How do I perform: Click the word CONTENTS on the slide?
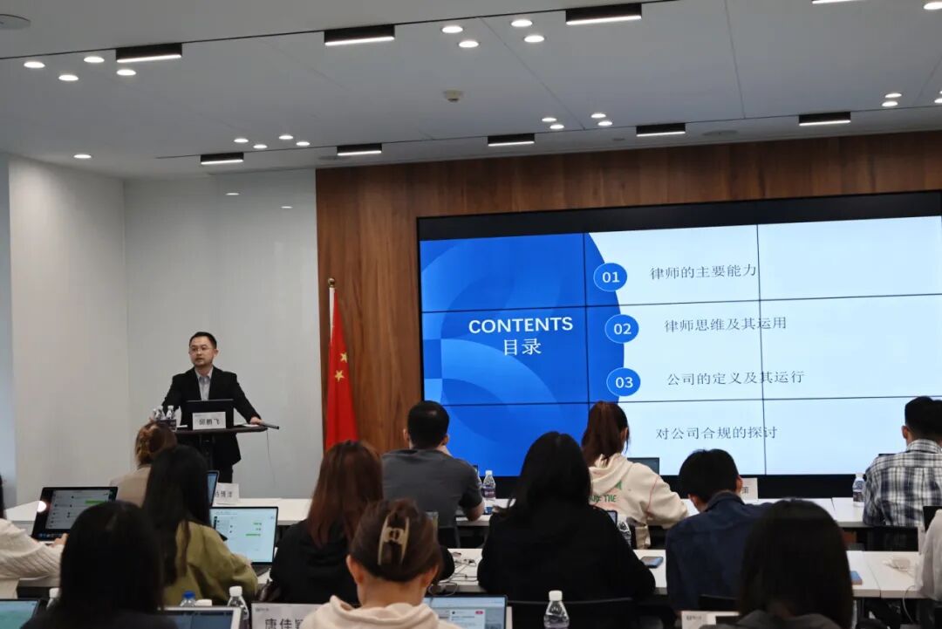point(520,325)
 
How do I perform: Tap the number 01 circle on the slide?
point(611,277)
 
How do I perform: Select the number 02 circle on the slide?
point(622,329)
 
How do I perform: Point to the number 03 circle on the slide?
point(624,381)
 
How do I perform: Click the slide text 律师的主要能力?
point(703,272)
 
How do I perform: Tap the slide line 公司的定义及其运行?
point(735,379)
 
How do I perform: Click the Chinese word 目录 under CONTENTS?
point(522,346)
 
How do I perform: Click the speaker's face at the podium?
point(203,352)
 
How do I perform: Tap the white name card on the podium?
point(208,420)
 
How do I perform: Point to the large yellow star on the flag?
point(341,356)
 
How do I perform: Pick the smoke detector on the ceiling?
point(453,95)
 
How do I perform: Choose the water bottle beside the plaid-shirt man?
point(858,491)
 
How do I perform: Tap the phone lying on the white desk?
point(652,562)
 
